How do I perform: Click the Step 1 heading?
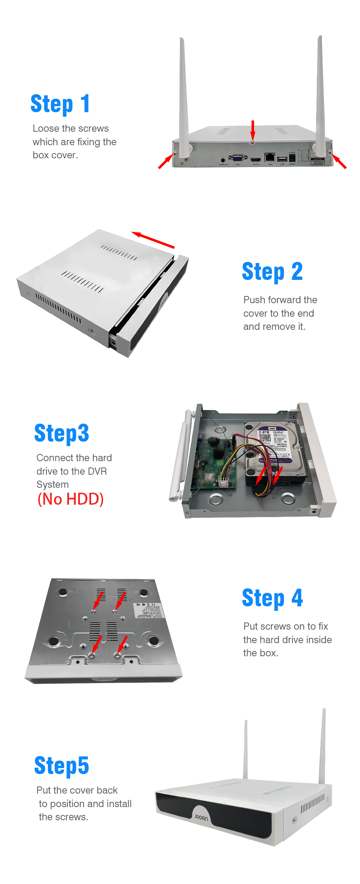click(60, 104)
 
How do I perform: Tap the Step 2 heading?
click(272, 272)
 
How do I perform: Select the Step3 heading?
click(61, 433)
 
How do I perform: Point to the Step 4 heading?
click(272, 598)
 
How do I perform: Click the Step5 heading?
click(61, 766)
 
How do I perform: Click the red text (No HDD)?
click(70, 499)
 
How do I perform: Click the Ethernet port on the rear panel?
click(270, 157)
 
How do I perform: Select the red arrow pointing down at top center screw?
click(253, 131)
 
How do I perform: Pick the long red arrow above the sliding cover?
click(153, 240)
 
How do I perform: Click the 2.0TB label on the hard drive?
click(264, 432)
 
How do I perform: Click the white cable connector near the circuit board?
click(224, 484)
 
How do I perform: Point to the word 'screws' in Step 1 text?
click(96, 129)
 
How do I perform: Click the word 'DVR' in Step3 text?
click(97, 471)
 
